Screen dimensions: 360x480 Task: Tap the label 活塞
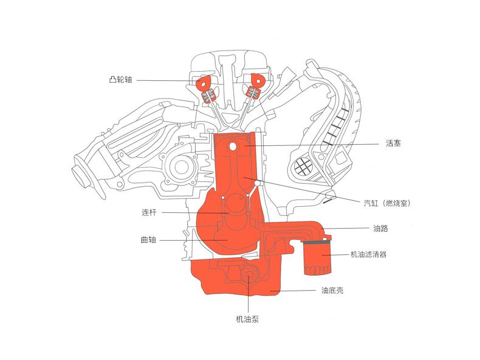tap(393, 144)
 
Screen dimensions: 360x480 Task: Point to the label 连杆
tap(149, 212)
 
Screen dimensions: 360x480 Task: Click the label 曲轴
tap(148, 240)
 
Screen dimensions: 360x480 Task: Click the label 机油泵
tap(249, 319)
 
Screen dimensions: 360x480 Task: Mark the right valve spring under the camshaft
tap(252, 92)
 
